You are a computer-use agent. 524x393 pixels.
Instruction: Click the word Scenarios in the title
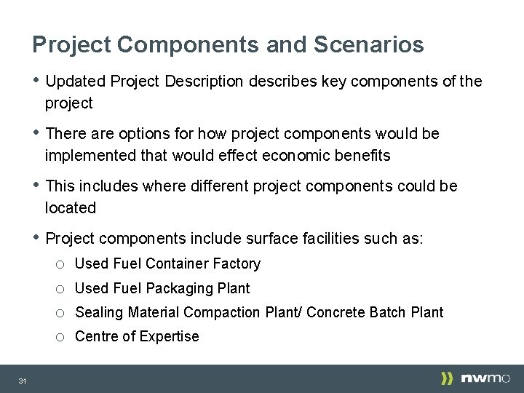(368, 45)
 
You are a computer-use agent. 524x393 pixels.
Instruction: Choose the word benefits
(364, 156)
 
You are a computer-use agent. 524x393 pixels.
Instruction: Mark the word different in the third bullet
(218, 186)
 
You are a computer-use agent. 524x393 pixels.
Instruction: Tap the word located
(71, 208)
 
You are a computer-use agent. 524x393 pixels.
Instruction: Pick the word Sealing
(100, 313)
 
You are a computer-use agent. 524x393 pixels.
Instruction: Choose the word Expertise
(169, 336)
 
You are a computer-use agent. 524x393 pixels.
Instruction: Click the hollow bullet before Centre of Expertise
(60, 337)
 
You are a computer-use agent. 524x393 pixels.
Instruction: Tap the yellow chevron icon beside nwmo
(447, 378)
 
